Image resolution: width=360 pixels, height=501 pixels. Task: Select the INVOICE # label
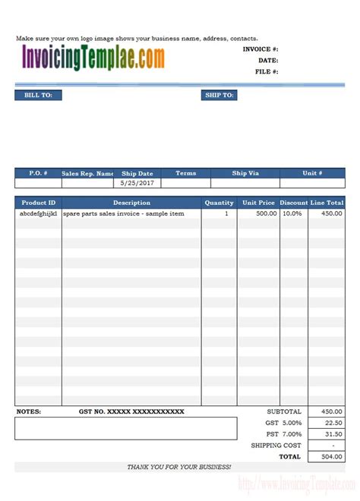[x=261, y=49]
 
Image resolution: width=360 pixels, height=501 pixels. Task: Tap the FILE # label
[x=267, y=71]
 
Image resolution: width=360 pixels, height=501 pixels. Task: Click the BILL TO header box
[x=38, y=96]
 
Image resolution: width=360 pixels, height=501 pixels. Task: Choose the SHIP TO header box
[x=219, y=96]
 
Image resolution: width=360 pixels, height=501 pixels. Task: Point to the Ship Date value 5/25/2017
[x=137, y=184]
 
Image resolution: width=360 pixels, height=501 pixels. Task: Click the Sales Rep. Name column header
[x=87, y=173]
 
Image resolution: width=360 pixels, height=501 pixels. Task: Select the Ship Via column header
[x=245, y=173]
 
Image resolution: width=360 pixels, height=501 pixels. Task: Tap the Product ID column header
[x=38, y=203]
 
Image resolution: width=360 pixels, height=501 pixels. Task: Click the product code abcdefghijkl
[x=38, y=214]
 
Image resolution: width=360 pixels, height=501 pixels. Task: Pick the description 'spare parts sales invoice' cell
[x=124, y=214]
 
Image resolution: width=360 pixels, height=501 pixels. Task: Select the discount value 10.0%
[x=292, y=214]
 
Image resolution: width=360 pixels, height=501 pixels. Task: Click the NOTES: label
[x=29, y=411]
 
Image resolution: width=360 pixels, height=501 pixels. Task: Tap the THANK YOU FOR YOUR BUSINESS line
[x=179, y=467]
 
